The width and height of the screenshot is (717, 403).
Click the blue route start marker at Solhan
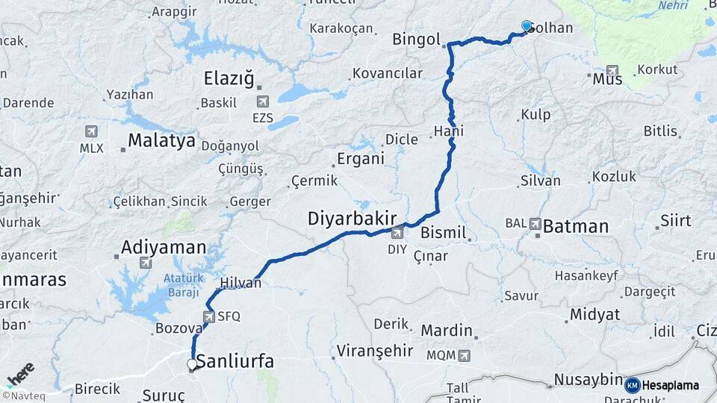[x=527, y=27]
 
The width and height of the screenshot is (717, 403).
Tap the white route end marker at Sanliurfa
[x=192, y=365]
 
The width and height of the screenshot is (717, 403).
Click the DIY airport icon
[x=397, y=234]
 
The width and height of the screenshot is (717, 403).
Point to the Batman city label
[x=575, y=226]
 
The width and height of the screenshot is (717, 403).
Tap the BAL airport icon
[x=535, y=223]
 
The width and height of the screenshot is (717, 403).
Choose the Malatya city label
[x=161, y=140]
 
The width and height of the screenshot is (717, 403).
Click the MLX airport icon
[x=92, y=131]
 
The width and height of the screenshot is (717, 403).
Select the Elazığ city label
[x=229, y=78]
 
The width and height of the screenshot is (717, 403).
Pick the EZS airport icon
[x=262, y=101]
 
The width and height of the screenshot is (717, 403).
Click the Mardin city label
[x=447, y=330]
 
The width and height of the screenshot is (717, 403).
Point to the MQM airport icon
[x=465, y=355]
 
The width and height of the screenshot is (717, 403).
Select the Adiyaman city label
[x=164, y=247]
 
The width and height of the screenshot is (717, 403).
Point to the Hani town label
[x=448, y=131]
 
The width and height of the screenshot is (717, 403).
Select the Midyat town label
[x=595, y=314]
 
